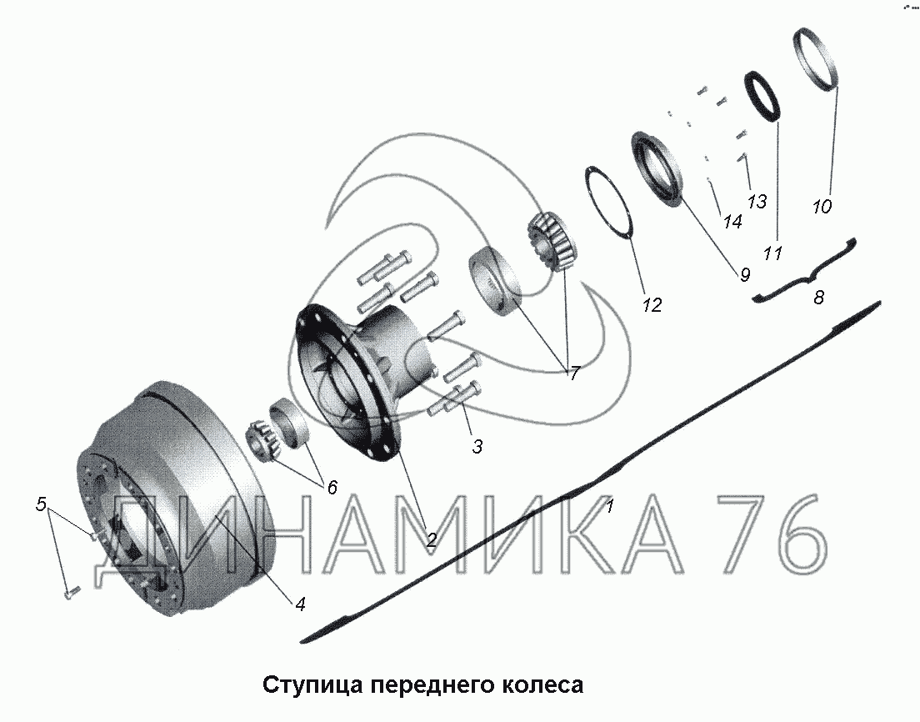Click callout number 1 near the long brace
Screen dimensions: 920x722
(610, 505)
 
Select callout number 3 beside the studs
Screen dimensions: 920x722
(477, 446)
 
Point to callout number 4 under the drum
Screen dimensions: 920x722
(300, 604)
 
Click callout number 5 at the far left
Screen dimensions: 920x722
(41, 504)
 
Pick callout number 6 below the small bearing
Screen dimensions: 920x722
(332, 487)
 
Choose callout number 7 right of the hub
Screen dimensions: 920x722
(574, 373)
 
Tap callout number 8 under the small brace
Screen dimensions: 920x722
(818, 297)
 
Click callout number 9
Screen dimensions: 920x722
(744, 274)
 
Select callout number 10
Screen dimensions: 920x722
(822, 206)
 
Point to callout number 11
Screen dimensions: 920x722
(772, 253)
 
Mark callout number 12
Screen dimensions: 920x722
(652, 304)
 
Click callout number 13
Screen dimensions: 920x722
(757, 201)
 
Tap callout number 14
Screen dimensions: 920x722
(732, 221)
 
